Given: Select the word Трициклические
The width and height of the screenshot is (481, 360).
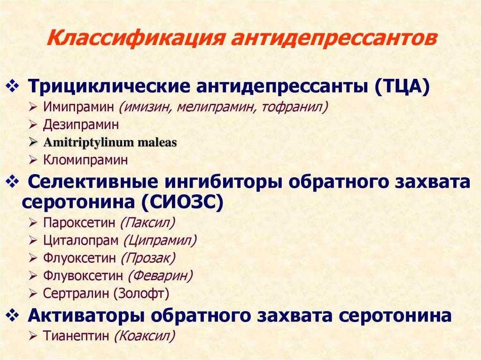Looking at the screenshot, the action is click(x=109, y=87).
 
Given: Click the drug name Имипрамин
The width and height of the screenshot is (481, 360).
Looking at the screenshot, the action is click(x=78, y=107).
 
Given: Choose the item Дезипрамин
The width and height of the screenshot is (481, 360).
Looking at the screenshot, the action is click(x=81, y=125).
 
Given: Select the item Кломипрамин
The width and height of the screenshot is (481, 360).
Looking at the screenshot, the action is click(x=85, y=160).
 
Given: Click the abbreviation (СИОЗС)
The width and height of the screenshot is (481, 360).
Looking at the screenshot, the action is click(x=182, y=202).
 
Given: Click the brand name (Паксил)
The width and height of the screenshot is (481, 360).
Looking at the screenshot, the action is click(x=147, y=222).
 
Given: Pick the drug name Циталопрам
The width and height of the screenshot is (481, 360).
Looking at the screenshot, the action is click(x=81, y=240).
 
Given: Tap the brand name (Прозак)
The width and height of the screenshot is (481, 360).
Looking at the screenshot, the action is click(x=148, y=258).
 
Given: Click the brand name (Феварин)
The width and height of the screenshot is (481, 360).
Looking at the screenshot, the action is click(x=160, y=276).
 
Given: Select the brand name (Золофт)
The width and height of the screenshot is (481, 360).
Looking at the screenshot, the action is click(x=141, y=293).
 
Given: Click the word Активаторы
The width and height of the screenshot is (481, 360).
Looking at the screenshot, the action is click(x=86, y=315).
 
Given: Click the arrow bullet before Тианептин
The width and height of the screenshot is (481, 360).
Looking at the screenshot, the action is click(x=33, y=336).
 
